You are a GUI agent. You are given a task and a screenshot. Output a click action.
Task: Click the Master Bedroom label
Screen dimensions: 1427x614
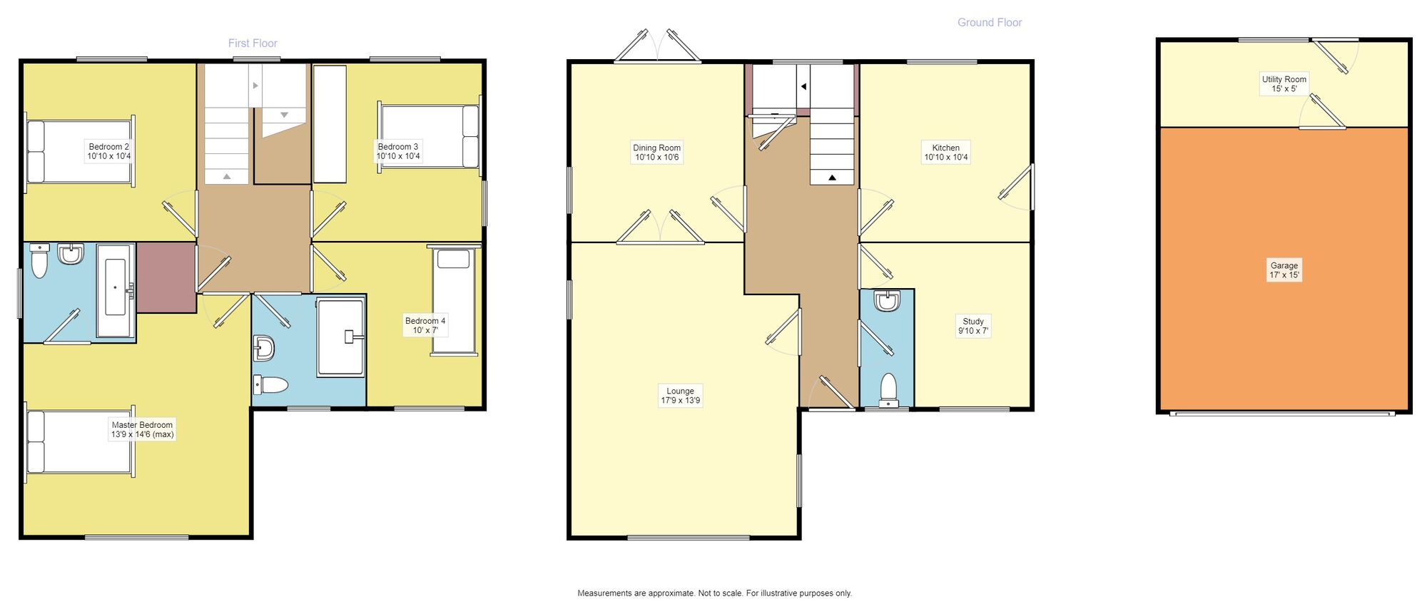142,429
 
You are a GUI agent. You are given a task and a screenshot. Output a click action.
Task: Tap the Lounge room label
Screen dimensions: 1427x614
681,396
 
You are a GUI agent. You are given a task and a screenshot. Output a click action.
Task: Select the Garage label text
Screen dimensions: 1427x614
1284,270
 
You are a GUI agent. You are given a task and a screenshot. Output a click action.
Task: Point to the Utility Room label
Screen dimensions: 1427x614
1284,84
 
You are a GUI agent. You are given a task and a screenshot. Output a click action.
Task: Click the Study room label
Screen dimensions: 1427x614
973,326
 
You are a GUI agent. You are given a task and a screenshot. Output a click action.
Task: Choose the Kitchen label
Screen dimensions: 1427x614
946,153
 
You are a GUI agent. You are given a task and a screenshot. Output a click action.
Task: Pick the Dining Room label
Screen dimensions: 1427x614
657,153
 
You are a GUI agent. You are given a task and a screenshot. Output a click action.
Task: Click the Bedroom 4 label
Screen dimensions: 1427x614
425,325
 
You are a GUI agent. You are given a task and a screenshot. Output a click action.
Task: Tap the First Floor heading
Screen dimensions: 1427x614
253,44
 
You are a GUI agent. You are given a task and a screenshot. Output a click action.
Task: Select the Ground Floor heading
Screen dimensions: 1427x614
990,23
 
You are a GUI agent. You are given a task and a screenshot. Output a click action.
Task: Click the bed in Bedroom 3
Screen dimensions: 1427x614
429,136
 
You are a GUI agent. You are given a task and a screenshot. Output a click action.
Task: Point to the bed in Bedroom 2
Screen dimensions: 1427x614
80,152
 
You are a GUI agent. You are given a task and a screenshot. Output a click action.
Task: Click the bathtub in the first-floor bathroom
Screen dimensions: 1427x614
116,290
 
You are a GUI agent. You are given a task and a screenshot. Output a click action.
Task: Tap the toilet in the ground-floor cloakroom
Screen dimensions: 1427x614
888,389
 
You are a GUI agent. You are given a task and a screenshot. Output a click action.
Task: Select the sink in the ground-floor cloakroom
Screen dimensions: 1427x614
887,301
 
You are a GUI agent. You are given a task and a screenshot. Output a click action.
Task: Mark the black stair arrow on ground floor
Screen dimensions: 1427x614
832,178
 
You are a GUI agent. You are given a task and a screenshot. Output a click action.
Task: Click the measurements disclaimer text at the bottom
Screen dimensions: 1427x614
714,593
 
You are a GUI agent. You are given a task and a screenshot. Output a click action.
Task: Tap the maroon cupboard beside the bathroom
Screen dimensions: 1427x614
166,277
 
